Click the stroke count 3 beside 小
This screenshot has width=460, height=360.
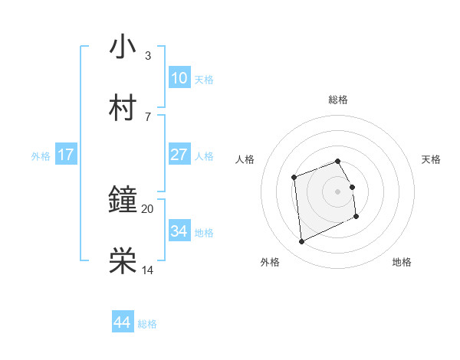click(148, 56)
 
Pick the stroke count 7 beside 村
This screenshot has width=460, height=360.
click(148, 116)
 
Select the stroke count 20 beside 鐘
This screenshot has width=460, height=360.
click(148, 208)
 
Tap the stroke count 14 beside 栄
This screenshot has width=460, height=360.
click(148, 270)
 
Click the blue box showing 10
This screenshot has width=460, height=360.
click(179, 78)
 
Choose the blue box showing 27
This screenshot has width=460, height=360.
click(179, 155)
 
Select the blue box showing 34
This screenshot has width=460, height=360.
click(179, 231)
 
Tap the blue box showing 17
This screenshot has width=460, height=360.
click(66, 155)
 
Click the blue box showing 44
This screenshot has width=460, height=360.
click(123, 322)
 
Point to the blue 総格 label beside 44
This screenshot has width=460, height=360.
click(147, 324)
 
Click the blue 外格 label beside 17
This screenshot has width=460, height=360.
click(41, 156)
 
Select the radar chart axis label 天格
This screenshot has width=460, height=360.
click(431, 159)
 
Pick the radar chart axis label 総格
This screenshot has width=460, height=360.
click(338, 100)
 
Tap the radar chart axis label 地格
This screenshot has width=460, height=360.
click(402, 263)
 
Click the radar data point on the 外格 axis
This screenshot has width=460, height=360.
click(301, 242)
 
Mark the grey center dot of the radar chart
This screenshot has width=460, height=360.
click(338, 191)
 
